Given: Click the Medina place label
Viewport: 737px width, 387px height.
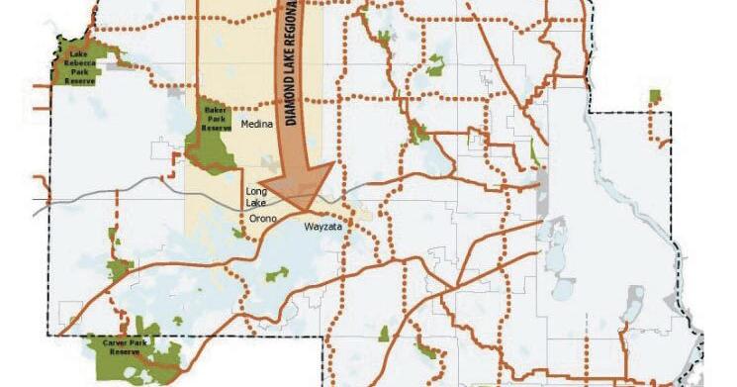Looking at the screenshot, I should [x=256, y=124].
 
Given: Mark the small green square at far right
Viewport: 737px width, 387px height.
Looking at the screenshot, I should [x=654, y=95].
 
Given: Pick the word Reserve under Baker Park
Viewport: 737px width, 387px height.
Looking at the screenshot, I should [x=216, y=128].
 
